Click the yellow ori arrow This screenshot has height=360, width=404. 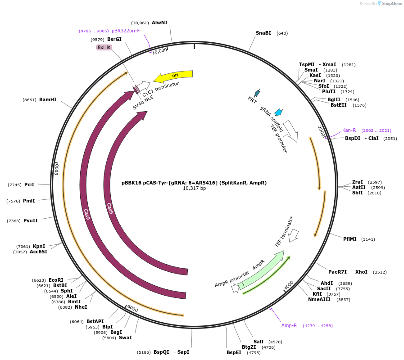tap(174, 75)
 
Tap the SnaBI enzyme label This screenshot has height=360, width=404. tap(263, 33)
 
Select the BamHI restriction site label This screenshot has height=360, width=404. tap(48, 99)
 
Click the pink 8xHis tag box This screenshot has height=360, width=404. tap(104, 47)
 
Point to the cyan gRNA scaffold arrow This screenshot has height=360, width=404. tap(278, 112)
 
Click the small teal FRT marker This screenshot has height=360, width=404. tap(257, 93)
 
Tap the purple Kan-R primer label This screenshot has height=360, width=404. tap(349, 130)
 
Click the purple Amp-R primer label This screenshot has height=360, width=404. tap(289, 325)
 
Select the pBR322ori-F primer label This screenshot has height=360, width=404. tap(126, 31)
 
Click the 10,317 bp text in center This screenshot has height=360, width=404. tap(194, 189)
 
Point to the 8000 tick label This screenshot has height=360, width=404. tap(57, 169)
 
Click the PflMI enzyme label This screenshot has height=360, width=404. tap(350, 239)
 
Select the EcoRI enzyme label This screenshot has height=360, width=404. tap(56, 280)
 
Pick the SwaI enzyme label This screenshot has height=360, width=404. tap(125, 337)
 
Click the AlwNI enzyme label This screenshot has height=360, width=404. tap(159, 22)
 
